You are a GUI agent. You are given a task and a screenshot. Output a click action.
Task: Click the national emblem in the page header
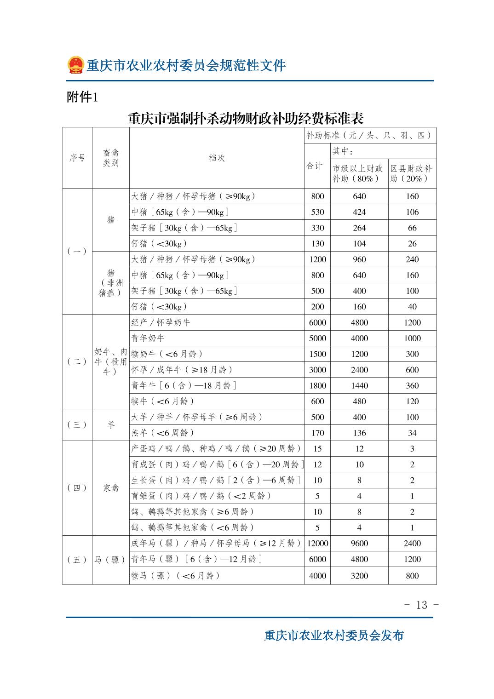coord(75,65)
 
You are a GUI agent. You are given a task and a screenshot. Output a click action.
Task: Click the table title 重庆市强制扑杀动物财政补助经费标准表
coord(246,119)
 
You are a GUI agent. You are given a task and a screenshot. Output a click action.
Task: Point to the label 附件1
coord(82,97)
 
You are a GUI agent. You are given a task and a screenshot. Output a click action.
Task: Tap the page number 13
coord(421,605)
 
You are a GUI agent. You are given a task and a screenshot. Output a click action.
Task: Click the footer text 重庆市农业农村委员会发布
coord(334,635)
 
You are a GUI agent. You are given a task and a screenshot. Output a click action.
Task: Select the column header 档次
coord(217,158)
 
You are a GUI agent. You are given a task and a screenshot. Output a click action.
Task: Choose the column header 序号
coord(77,158)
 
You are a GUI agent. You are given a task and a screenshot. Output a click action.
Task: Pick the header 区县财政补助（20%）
coord(412,173)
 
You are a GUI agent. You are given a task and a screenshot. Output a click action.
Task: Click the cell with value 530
coord(317,212)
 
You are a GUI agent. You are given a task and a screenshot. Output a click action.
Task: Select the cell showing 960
coord(359,259)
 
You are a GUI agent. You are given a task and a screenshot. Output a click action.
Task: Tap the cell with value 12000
coord(317,543)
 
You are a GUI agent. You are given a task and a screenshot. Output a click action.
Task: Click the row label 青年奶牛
coord(148,338)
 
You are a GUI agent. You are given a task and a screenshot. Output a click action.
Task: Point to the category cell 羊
coord(111,425)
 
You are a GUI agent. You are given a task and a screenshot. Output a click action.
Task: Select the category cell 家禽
coord(111,488)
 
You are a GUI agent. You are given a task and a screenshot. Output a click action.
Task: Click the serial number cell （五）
coord(77,560)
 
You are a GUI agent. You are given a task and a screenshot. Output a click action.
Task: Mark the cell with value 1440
coord(359,385)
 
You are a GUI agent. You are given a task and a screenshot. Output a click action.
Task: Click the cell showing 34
coord(412,433)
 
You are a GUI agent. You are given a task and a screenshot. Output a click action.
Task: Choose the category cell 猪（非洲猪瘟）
coord(111,283)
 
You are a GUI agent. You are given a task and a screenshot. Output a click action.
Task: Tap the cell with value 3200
coord(359,575)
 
